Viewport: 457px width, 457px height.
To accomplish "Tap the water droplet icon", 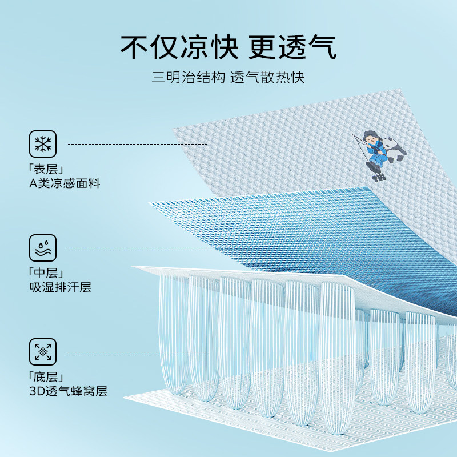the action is (43, 248).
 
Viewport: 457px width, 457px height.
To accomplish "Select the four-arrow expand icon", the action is (43, 352).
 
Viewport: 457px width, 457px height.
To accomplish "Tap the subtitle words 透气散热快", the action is (267, 78).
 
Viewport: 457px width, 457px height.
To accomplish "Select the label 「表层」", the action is (45, 170).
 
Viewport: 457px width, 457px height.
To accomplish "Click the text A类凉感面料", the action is (65, 185).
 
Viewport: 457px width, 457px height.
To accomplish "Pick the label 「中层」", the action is (45, 273).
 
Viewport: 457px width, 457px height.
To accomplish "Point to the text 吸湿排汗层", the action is (60, 287).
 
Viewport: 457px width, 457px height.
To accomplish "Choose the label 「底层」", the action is (45, 377).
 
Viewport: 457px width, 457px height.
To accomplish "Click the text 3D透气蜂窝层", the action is (68, 391).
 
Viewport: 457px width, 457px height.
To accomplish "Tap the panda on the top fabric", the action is (395, 150).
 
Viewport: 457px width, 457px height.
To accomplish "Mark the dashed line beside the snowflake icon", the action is (137, 145).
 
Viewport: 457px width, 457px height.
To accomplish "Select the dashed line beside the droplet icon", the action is (137, 248).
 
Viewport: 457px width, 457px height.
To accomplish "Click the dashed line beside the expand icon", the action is (137, 352).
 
